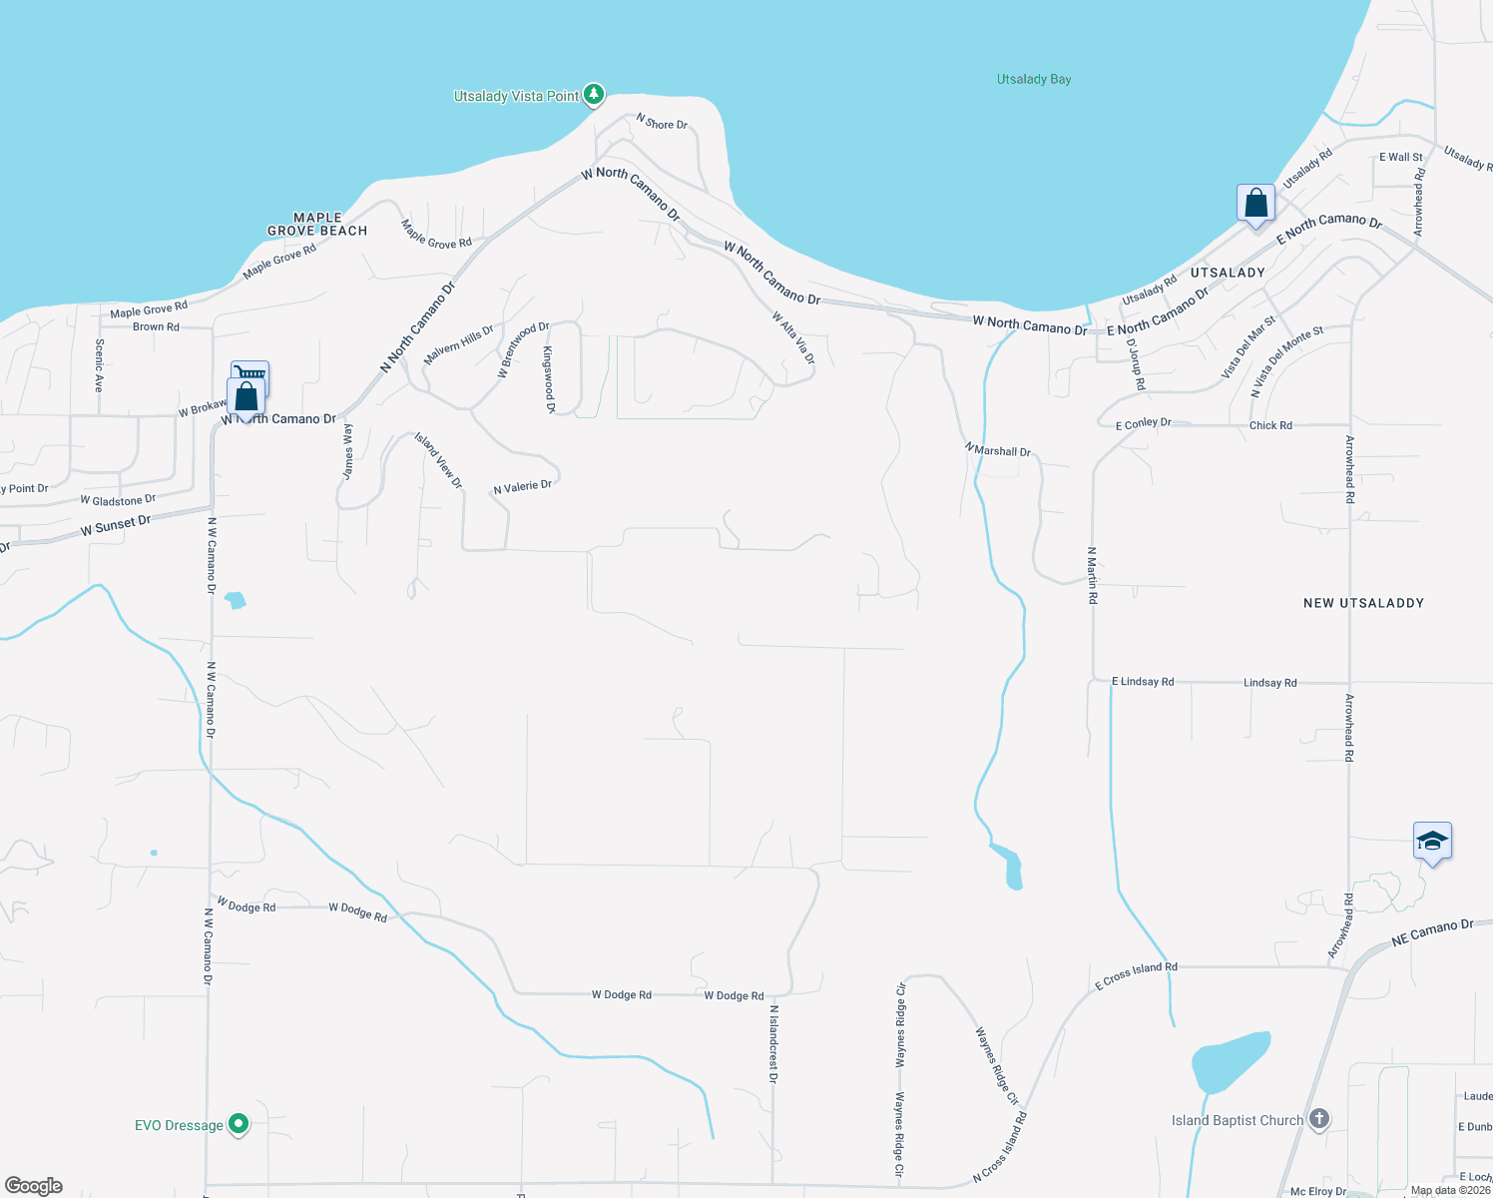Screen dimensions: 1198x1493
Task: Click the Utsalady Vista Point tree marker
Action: coord(594,95)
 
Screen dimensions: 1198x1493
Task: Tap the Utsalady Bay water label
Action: coord(1034,79)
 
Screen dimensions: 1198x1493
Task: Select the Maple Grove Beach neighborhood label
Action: coord(317,225)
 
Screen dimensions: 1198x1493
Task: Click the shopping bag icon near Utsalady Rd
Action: coord(1255,204)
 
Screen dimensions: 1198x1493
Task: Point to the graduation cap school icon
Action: coord(1432,842)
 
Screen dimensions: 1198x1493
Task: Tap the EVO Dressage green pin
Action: coord(239,1124)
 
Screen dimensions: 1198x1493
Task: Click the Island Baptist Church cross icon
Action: coord(1319,1119)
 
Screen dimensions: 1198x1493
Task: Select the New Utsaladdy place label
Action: coord(1363,603)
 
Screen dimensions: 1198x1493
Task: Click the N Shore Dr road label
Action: coord(662,123)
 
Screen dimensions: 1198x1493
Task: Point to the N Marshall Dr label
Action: coord(998,450)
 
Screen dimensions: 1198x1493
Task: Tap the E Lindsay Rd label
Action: coord(1143,682)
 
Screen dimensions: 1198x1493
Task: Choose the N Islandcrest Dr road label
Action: coord(773,1043)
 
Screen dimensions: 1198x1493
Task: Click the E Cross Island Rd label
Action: coord(1136,975)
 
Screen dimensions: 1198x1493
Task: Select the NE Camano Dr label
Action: coord(1432,932)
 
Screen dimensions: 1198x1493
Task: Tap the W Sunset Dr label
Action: coord(116,525)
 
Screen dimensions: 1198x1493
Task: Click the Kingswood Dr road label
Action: coord(548,379)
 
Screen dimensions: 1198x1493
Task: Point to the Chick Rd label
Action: coord(1270,425)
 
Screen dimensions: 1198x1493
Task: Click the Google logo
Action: coord(34,1186)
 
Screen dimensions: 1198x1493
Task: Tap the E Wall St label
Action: coord(1401,157)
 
